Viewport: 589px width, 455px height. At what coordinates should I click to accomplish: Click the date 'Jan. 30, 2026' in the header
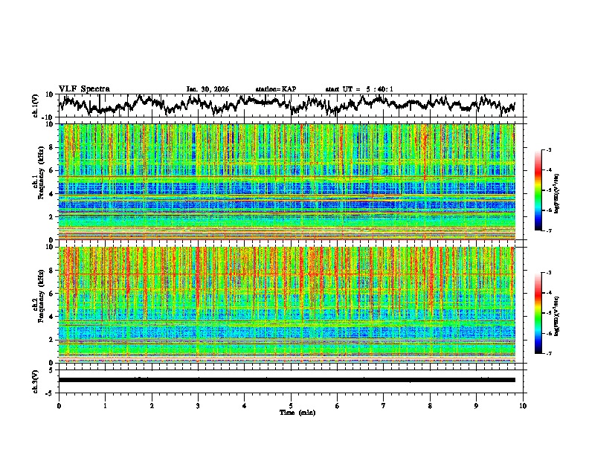[207, 89]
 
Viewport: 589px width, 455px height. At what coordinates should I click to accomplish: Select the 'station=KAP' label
[275, 89]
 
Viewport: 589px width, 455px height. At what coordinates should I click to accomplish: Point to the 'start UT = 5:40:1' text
[359, 89]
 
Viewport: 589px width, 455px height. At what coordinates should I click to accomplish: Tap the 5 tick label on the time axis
[292, 405]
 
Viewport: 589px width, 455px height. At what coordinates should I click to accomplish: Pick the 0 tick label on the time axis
[59, 405]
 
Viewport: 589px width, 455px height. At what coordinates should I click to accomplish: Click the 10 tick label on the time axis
[524, 405]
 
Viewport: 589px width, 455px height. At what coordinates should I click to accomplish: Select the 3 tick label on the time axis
[199, 405]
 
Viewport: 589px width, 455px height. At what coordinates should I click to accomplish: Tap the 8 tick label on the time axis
[431, 405]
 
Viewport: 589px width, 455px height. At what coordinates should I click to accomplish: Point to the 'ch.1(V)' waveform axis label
[36, 106]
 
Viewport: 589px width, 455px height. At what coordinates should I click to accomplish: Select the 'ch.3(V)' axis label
[36, 379]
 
